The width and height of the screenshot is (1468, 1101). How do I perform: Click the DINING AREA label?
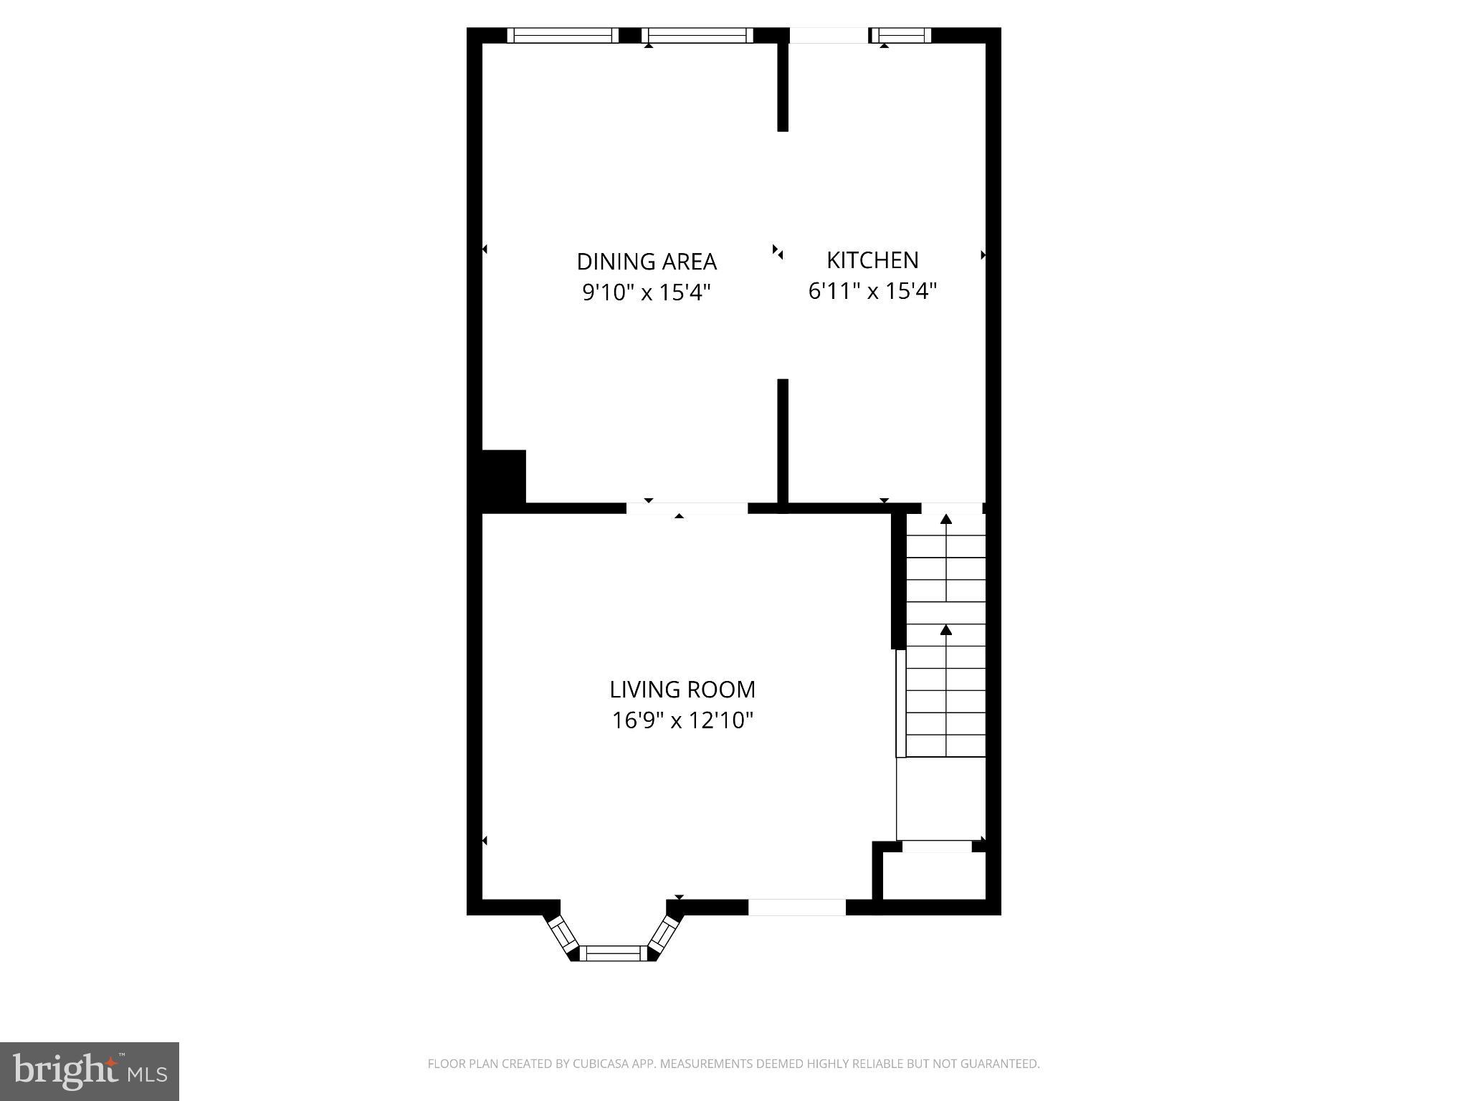(647, 262)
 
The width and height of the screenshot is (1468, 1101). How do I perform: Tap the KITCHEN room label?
(872, 260)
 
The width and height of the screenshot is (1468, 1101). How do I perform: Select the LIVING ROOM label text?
(682, 690)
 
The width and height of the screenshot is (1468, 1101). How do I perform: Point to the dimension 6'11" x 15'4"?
(872, 291)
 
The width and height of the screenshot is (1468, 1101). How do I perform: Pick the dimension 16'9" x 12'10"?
(682, 720)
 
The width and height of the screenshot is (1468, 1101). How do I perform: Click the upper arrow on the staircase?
(946, 519)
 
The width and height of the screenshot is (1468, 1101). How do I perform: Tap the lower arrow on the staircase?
(946, 630)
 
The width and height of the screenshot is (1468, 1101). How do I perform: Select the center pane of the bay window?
(613, 953)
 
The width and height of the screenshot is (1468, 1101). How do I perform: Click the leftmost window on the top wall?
(563, 35)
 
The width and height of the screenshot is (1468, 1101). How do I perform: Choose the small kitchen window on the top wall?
(901, 35)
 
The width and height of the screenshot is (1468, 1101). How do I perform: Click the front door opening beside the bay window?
(797, 907)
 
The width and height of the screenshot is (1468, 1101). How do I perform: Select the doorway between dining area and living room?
(687, 508)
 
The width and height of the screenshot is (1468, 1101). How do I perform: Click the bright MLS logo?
(90, 1071)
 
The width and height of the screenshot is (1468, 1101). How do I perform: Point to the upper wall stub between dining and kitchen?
(783, 86)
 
